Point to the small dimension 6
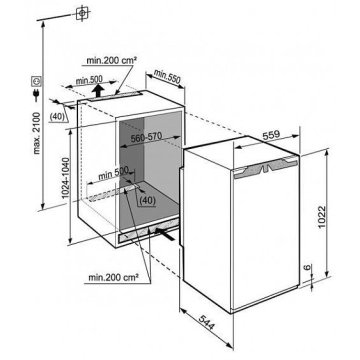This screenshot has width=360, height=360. click(x=306, y=268)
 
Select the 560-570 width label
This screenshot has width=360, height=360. click(x=149, y=139)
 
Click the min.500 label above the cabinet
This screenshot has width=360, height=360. click(x=89, y=80)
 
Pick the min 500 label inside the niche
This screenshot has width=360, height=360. click(x=113, y=174)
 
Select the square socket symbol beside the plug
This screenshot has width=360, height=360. click(x=36, y=80)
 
